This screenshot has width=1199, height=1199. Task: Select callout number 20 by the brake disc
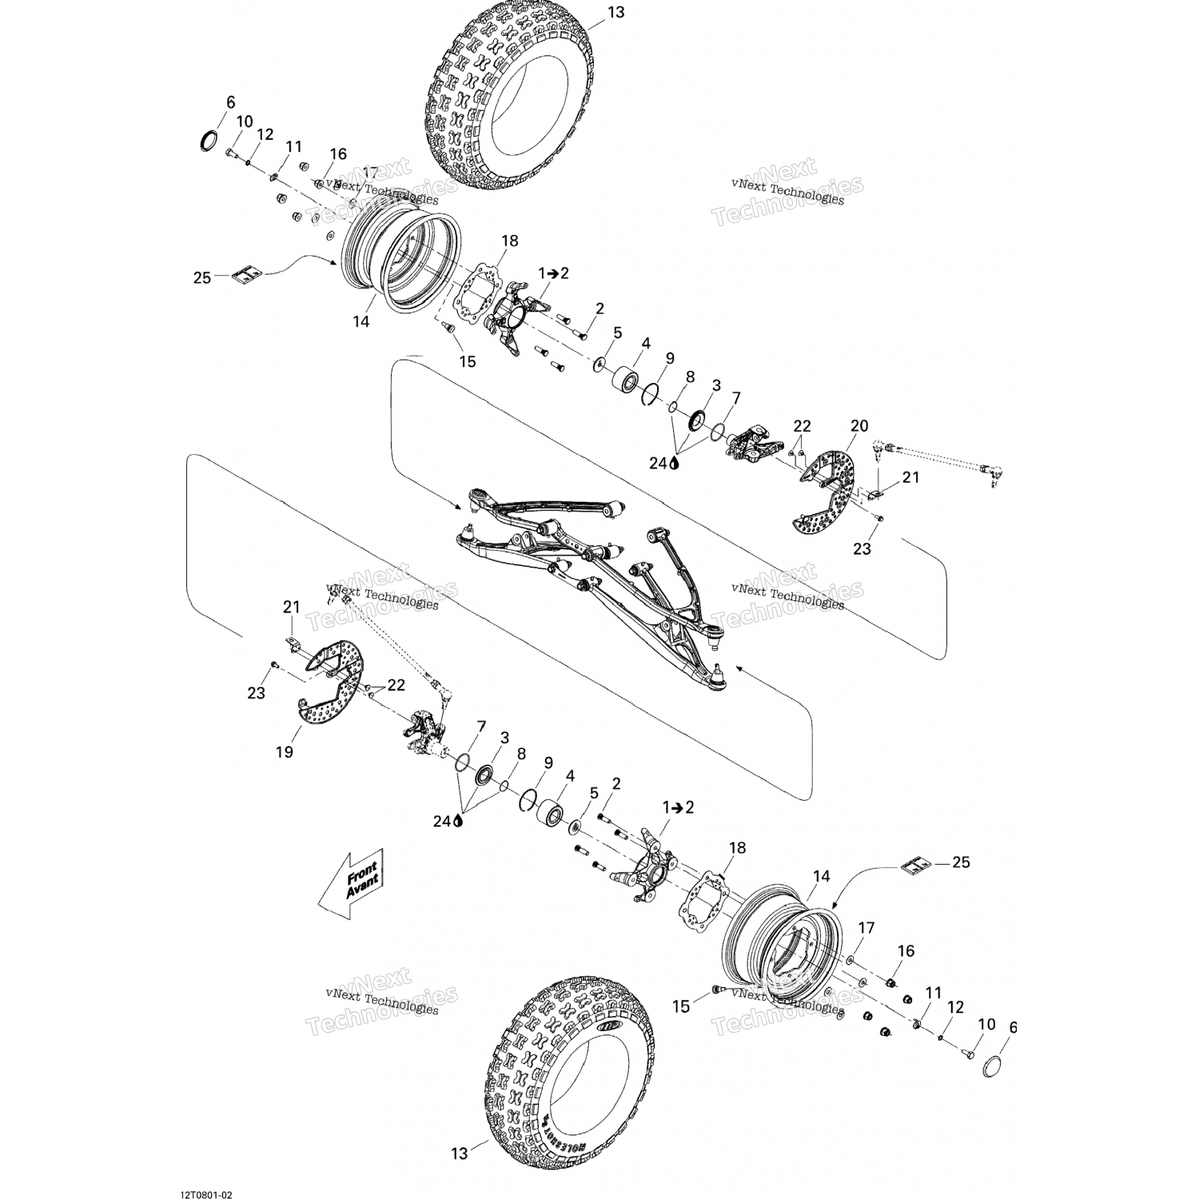click(x=858, y=426)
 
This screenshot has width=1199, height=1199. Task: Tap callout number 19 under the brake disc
click(x=285, y=751)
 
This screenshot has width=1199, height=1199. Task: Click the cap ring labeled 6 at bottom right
click(x=992, y=1066)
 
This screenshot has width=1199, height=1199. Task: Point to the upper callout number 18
click(x=509, y=241)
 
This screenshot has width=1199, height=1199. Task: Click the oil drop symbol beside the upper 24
click(x=675, y=463)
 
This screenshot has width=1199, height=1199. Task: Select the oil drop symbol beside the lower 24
click(x=458, y=820)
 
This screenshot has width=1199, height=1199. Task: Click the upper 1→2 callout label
click(x=553, y=273)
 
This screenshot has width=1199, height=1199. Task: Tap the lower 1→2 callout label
click(x=678, y=807)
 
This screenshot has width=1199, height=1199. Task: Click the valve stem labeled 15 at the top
click(x=448, y=330)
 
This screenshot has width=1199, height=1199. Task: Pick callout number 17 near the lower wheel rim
click(x=866, y=928)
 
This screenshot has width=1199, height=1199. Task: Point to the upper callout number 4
click(x=646, y=343)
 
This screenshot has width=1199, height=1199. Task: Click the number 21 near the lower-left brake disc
click(x=290, y=607)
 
